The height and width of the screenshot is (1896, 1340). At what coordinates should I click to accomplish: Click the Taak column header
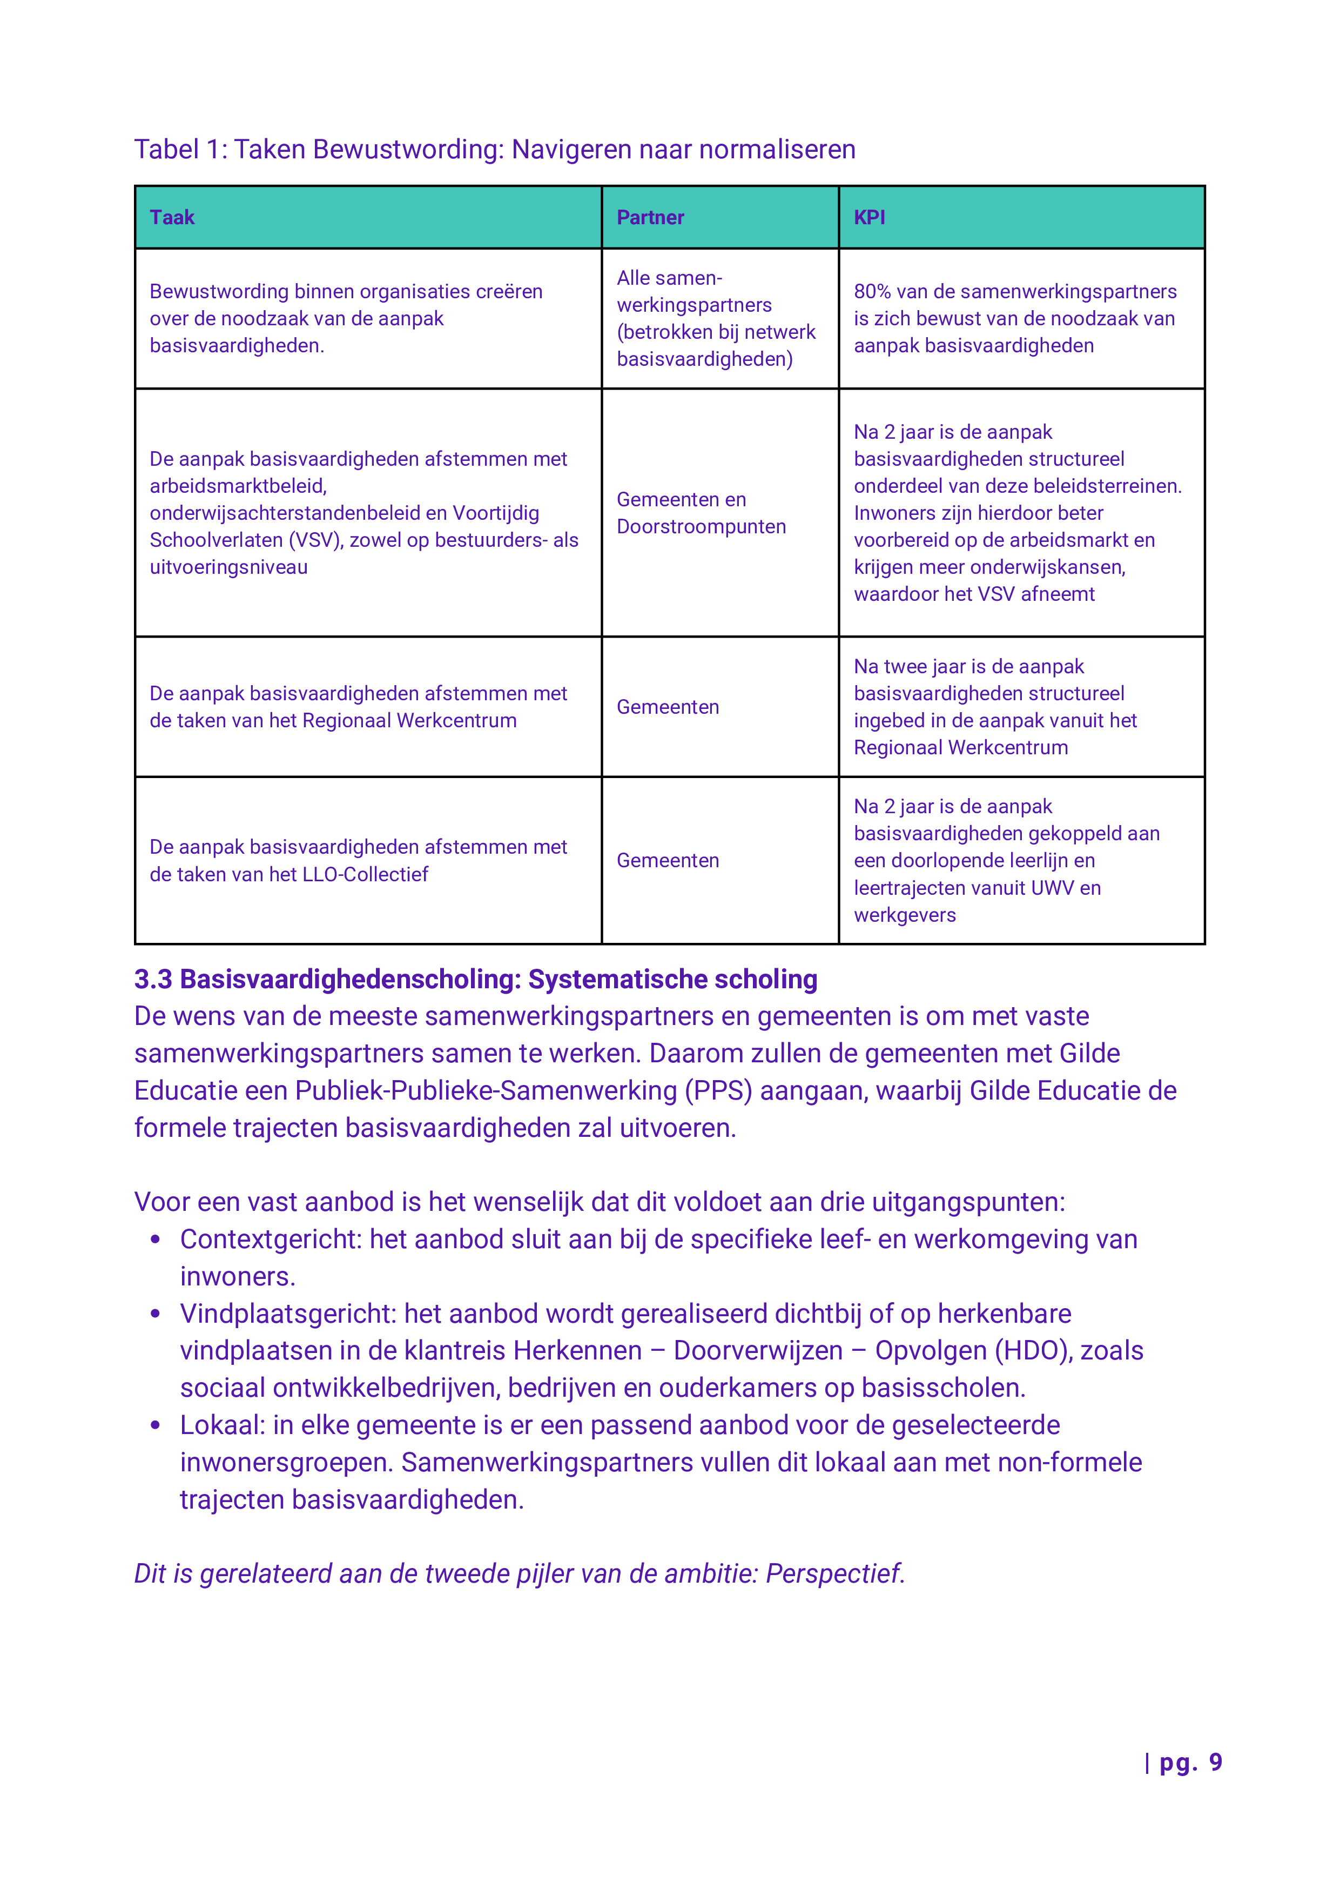pos(172,217)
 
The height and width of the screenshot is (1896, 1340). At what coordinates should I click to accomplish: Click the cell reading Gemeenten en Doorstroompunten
pos(701,513)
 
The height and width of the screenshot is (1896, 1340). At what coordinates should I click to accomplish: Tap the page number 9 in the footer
pos(1215,1762)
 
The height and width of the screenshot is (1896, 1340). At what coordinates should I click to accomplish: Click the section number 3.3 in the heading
pos(153,980)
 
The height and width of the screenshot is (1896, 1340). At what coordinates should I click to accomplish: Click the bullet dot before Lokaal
pos(154,1425)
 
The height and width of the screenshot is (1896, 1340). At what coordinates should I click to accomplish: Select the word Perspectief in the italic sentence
pos(834,1574)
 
